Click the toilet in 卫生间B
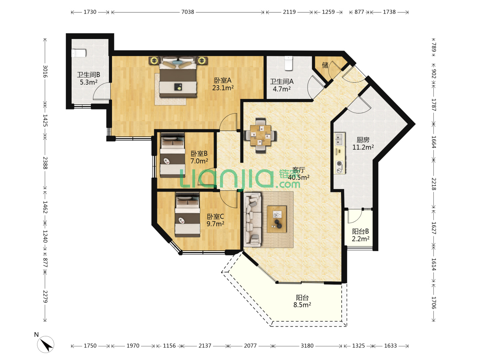79,53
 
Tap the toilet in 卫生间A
288,64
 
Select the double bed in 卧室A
178,77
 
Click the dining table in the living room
260,135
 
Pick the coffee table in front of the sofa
277,219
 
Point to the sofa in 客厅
253,219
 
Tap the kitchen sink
339,139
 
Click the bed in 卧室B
173,155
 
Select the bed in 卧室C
187,215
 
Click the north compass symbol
45,344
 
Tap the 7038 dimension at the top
188,12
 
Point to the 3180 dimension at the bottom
307,346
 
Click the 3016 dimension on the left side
45,71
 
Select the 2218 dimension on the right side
434,184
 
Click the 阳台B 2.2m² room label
360,235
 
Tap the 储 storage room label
325,65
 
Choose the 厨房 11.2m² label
363,143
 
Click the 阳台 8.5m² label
302,301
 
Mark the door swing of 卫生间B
102,91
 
